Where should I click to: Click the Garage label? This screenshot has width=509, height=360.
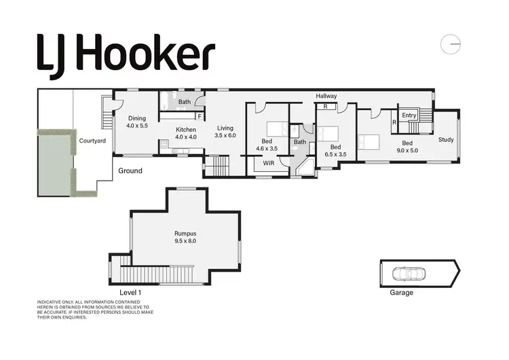[401, 293]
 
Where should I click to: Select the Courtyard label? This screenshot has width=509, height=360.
[90, 141]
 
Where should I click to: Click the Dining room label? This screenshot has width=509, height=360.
[136, 118]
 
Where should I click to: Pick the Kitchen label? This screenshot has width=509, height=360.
[186, 129]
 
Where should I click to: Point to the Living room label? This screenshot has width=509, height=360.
[225, 127]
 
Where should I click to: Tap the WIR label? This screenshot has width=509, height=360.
[268, 163]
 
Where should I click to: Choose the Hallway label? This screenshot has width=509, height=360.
[326, 96]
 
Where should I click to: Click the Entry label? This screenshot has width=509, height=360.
[409, 115]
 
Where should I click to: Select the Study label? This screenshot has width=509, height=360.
[446, 140]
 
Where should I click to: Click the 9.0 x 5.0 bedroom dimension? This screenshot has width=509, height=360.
[407, 151]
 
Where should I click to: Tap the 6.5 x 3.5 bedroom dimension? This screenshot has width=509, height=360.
[335, 155]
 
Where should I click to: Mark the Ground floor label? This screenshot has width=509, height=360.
[130, 170]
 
